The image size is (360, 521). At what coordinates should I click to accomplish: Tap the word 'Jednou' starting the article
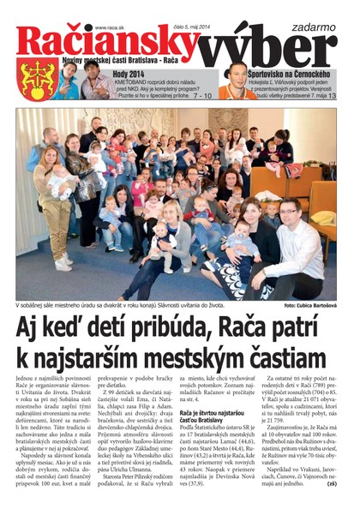tap(28, 377)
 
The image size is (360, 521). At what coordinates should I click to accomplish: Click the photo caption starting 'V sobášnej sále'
tap(111, 304)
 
